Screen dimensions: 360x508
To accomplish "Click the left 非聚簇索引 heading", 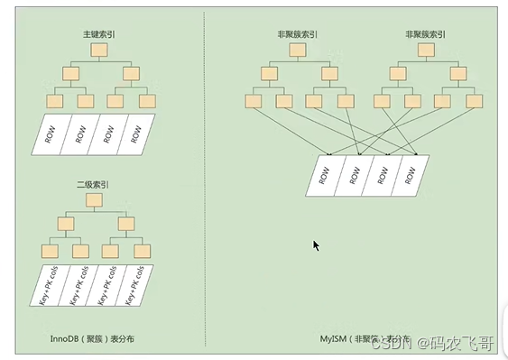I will pyautogui.click(x=295, y=34).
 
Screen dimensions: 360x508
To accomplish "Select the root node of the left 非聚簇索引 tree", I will pyautogui.click(x=295, y=51).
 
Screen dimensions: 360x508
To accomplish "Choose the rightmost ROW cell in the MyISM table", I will pyautogui.click(x=410, y=175).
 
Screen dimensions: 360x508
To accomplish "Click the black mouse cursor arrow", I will pyautogui.click(x=316, y=245).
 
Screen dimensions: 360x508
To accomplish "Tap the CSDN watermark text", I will pyautogui.click(x=393, y=343).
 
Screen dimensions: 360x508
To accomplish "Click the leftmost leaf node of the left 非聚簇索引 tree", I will pyautogui.click(x=255, y=101).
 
